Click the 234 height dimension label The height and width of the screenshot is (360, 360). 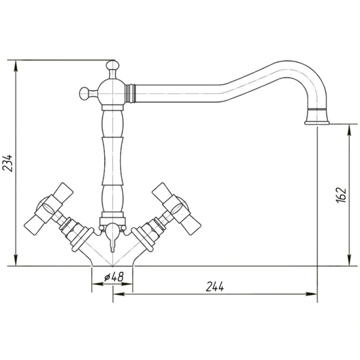[x=7, y=163]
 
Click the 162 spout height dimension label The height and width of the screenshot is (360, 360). [x=341, y=195]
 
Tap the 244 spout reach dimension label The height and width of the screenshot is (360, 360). [x=215, y=287]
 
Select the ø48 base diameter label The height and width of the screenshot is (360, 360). [x=114, y=277]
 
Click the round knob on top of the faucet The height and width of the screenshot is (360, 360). [x=113, y=65]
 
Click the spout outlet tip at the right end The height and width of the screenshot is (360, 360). [x=317, y=123]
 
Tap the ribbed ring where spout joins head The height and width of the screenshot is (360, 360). [x=130, y=94]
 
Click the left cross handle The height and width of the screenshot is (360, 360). [x=49, y=209]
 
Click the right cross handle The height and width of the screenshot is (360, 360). [x=177, y=209]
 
